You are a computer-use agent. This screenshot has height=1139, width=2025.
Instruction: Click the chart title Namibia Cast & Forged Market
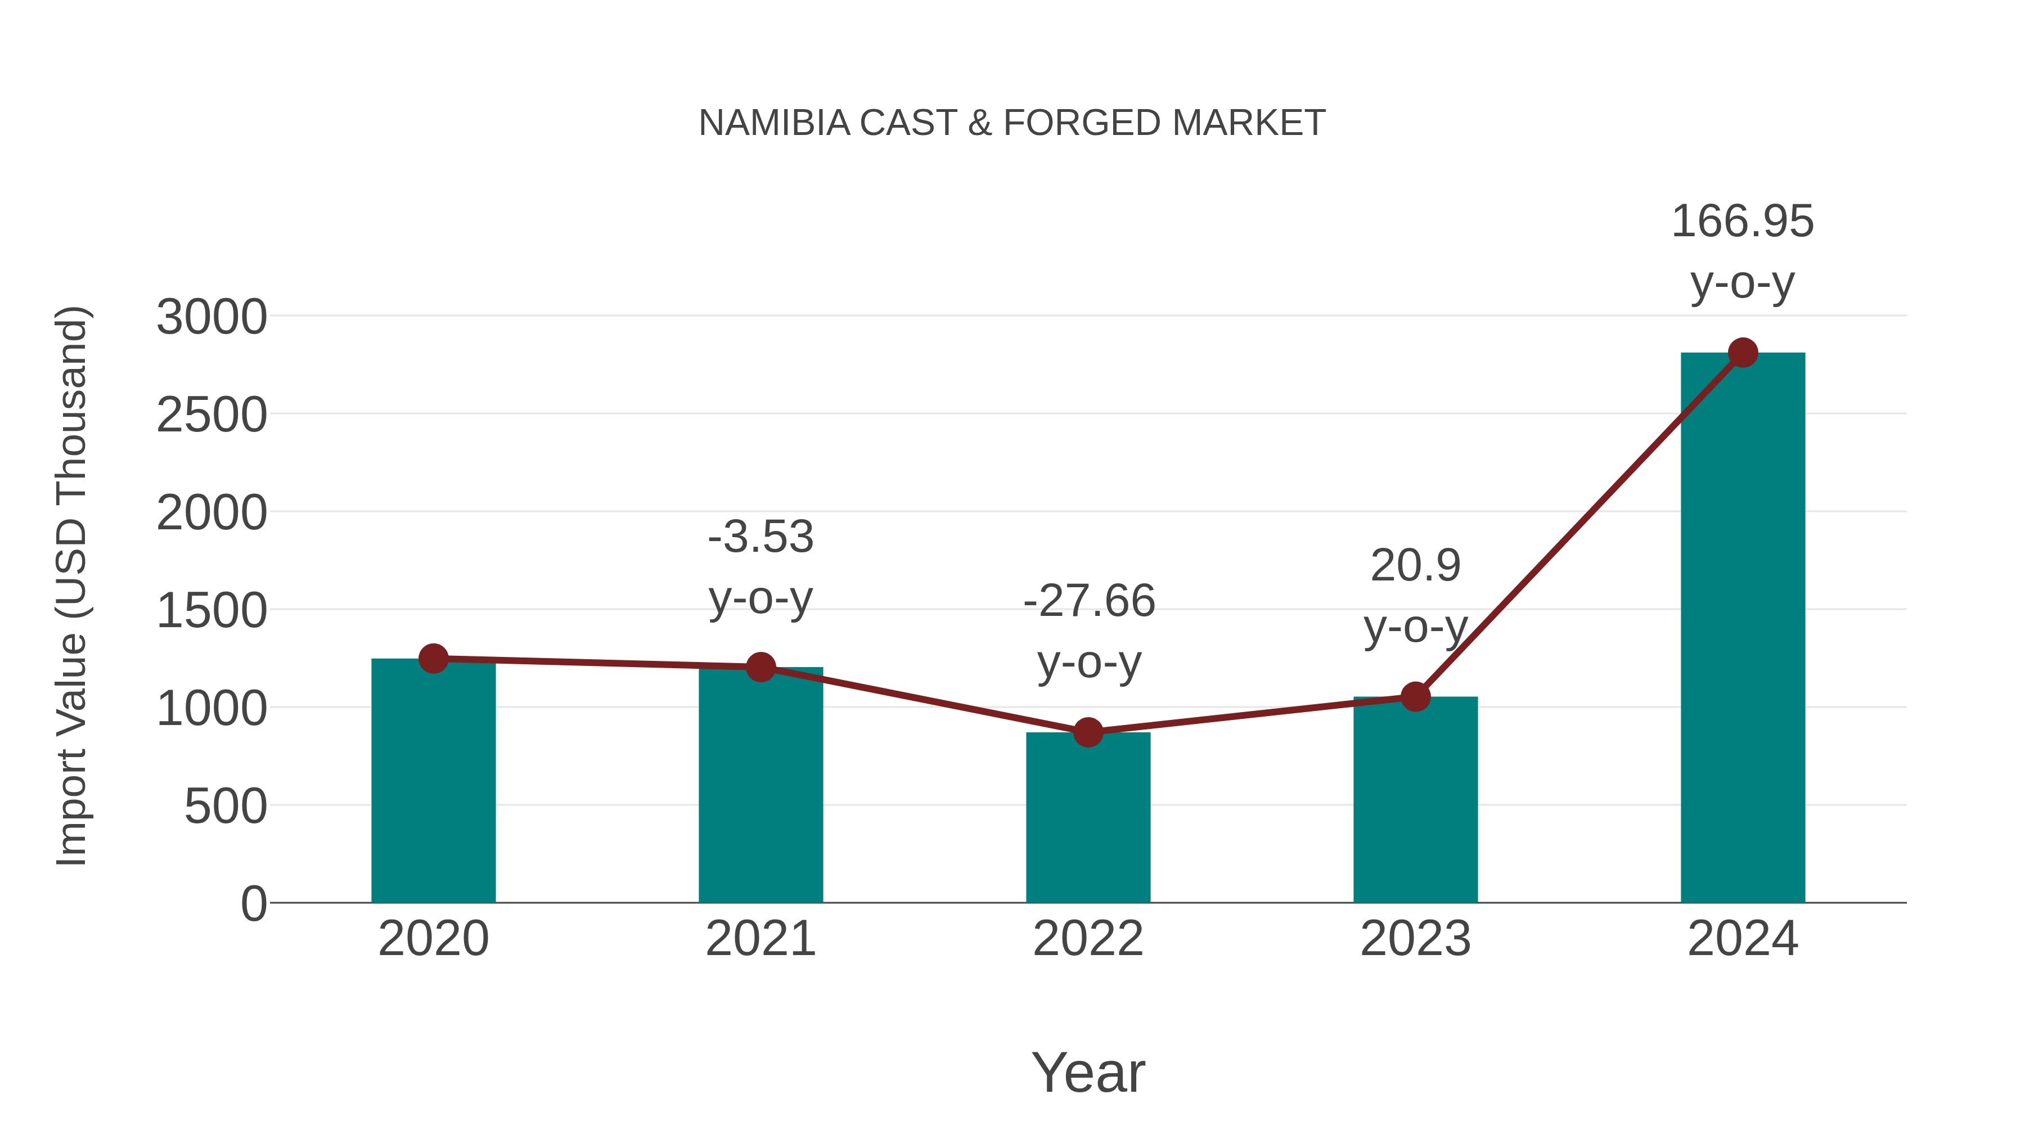pyautogui.click(x=1012, y=123)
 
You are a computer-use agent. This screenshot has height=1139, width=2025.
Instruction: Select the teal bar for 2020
pyautogui.click(x=433, y=786)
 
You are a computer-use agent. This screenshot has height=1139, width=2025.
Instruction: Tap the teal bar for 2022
pyautogui.click(x=1088, y=821)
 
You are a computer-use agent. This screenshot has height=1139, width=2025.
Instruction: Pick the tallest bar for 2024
pyautogui.click(x=1743, y=629)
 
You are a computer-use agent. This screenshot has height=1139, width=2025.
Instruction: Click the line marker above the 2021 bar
pyautogui.click(x=760, y=667)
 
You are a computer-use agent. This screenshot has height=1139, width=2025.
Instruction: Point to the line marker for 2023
pyautogui.click(x=1415, y=696)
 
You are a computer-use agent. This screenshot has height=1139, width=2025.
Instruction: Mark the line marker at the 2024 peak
pyautogui.click(x=1743, y=353)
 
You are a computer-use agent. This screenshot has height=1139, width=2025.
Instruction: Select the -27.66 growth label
pyautogui.click(x=1089, y=601)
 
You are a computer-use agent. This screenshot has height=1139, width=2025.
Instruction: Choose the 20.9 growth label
pyautogui.click(x=1415, y=566)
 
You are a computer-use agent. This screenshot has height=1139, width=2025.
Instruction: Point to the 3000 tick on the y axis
pyautogui.click(x=211, y=318)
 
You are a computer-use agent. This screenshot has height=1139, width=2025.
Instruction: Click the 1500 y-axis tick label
pyautogui.click(x=211, y=611)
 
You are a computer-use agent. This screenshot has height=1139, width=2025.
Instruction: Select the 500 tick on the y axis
pyautogui.click(x=226, y=807)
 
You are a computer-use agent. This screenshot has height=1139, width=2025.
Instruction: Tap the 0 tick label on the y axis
pyautogui.click(x=253, y=904)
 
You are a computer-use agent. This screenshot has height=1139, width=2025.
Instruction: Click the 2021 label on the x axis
pyautogui.click(x=760, y=939)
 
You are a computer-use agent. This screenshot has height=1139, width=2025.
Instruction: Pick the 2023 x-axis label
pyautogui.click(x=1415, y=939)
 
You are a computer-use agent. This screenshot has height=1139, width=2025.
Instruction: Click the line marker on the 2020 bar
pyautogui.click(x=433, y=659)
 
